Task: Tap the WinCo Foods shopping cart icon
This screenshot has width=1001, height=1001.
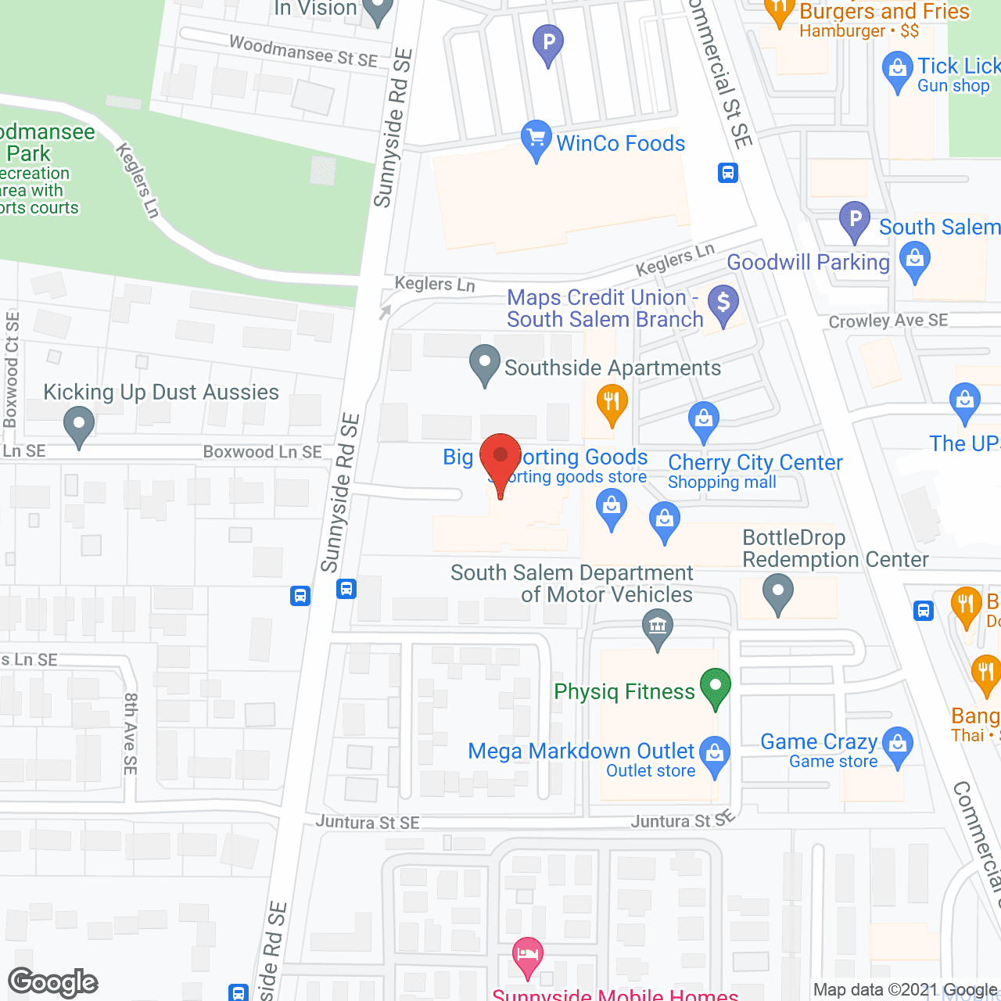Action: pyautogui.click(x=536, y=139)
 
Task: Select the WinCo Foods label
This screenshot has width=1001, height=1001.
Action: pyautogui.click(x=620, y=143)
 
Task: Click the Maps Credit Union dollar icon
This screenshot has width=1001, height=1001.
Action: pyautogui.click(x=723, y=303)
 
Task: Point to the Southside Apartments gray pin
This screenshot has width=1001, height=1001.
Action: pyautogui.click(x=485, y=364)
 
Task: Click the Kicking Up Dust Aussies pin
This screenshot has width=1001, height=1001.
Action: pyautogui.click(x=78, y=427)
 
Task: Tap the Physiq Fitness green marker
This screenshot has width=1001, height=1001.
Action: pyautogui.click(x=715, y=687)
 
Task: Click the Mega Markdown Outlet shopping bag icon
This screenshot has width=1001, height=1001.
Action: pyautogui.click(x=715, y=754)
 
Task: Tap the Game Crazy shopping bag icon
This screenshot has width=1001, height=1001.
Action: pyautogui.click(x=898, y=744)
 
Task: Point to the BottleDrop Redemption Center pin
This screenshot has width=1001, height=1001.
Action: pyautogui.click(x=777, y=592)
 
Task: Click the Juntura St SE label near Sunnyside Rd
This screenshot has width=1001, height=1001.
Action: pyautogui.click(x=368, y=823)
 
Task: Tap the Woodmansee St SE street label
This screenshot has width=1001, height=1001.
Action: pyautogui.click(x=303, y=52)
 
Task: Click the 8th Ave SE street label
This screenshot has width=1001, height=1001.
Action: pyautogui.click(x=131, y=734)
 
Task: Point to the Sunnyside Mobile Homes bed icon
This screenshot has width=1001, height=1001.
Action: pyautogui.click(x=528, y=956)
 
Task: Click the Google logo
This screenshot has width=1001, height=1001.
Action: pyautogui.click(x=53, y=982)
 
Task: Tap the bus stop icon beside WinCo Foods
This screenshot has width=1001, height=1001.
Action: pyautogui.click(x=728, y=173)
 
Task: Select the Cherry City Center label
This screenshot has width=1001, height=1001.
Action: pyautogui.click(x=755, y=462)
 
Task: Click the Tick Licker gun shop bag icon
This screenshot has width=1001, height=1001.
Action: pyautogui.click(x=897, y=70)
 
